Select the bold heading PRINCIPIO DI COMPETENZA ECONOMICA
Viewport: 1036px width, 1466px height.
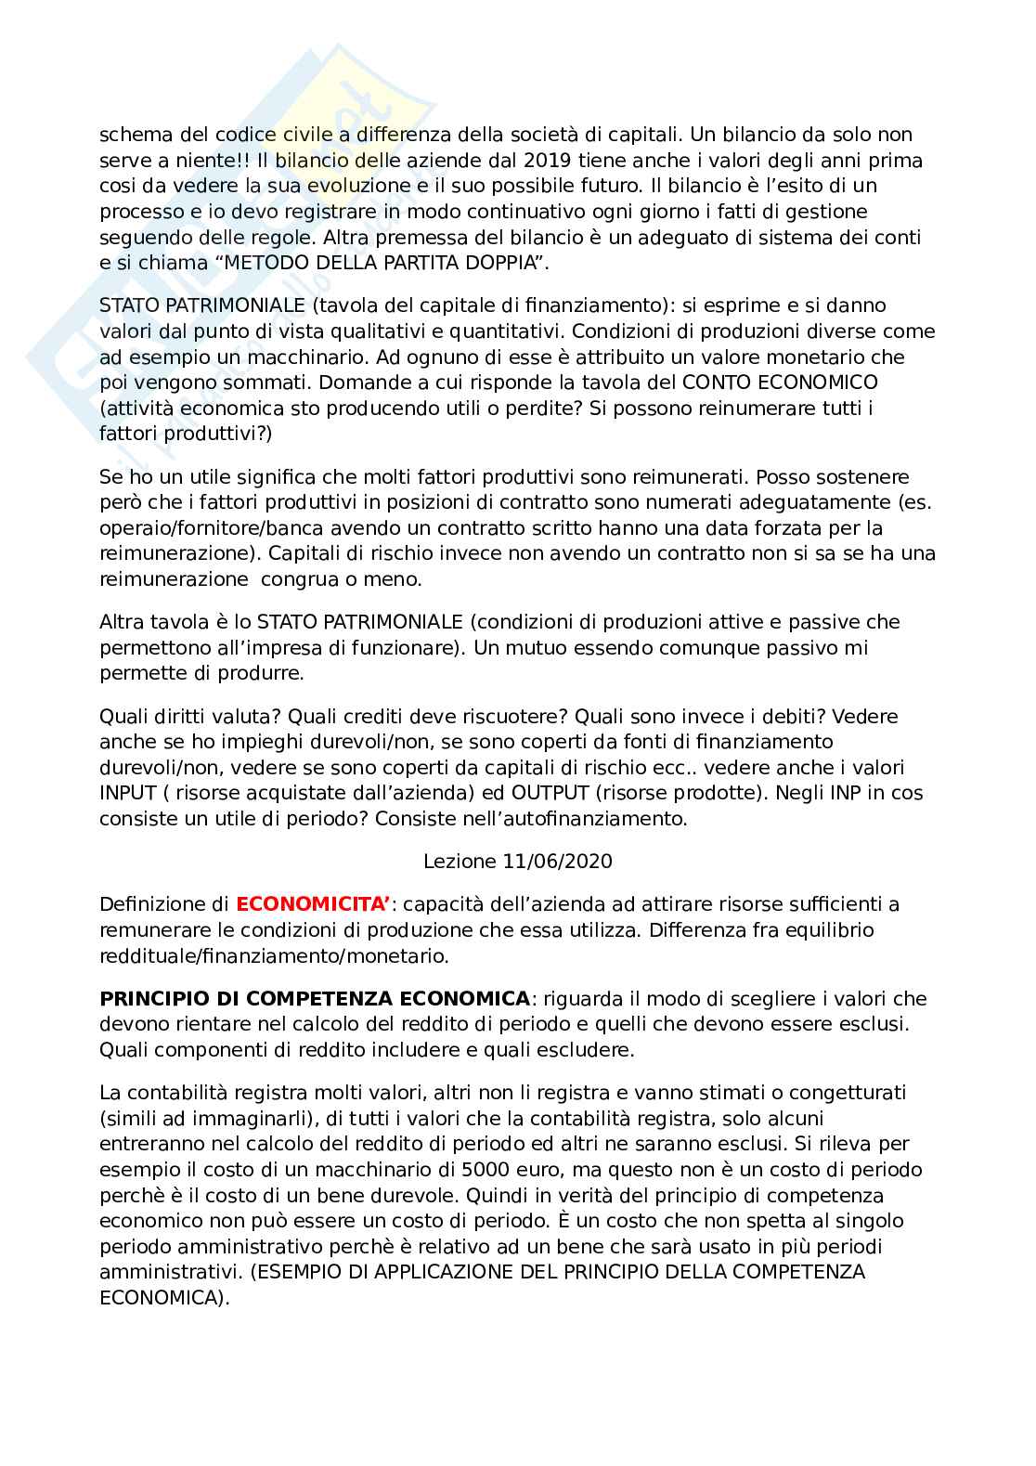[x=314, y=999]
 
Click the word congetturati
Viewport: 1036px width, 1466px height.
[x=848, y=1093]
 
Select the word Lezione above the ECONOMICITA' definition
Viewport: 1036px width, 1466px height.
[x=460, y=861]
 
